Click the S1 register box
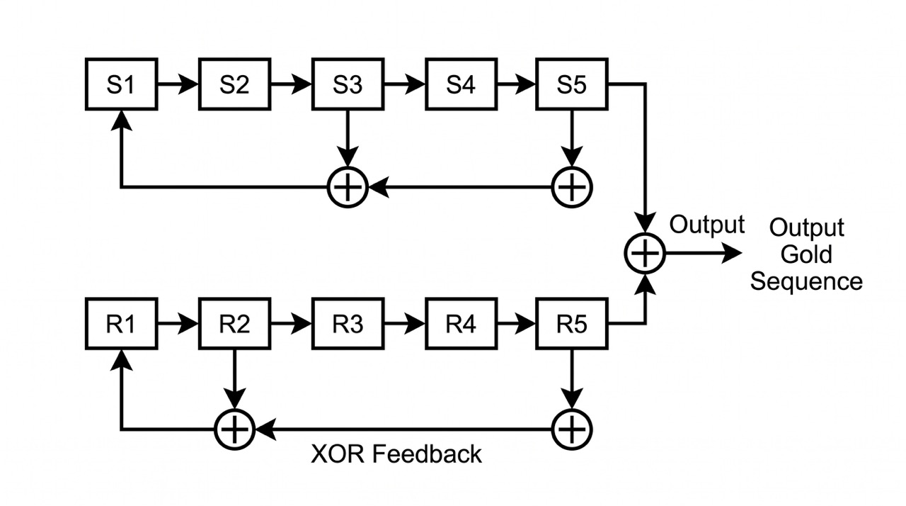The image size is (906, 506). pos(120,85)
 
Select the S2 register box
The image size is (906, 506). pos(234,85)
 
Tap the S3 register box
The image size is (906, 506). pos(347,85)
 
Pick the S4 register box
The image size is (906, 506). pos(460,85)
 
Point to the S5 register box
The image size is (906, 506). pos(572,85)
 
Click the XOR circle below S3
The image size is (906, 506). pos(348,188)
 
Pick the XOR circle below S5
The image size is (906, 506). pos(572,188)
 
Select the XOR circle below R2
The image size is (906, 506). pos(234,429)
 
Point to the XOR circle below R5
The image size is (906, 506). pos(572,429)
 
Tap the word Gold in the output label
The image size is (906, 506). pos(806,254)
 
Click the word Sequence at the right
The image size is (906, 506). pos(806,281)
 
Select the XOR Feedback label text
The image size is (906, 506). pos(396,454)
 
